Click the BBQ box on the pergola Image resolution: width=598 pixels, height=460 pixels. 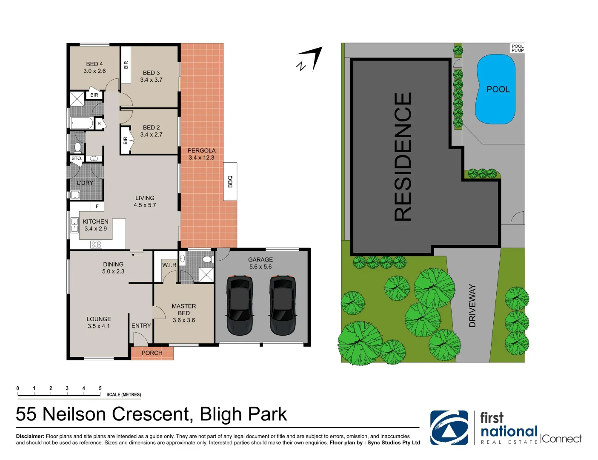click(x=230, y=181)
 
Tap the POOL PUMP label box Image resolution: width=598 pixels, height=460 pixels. click(x=518, y=48)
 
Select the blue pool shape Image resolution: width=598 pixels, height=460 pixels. click(x=496, y=89)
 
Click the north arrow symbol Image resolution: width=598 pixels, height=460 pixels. click(x=311, y=60)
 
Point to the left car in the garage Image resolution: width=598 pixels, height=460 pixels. click(x=240, y=305)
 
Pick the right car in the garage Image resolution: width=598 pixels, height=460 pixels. click(x=283, y=305)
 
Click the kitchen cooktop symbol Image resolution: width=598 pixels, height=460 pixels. click(x=96, y=244)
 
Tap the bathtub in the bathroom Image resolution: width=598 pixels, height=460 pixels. click(x=82, y=124)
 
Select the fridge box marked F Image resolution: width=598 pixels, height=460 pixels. click(x=97, y=206)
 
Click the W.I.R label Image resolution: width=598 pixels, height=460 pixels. click(x=169, y=265)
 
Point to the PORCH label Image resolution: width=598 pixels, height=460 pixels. click(x=152, y=353)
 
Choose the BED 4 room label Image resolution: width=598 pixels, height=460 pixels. click(x=94, y=64)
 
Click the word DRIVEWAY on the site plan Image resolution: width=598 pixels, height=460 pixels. click(x=472, y=306)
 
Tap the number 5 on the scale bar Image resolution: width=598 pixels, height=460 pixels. click(x=100, y=388)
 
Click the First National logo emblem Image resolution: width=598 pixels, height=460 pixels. click(x=449, y=428)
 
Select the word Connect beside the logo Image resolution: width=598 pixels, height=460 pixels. click(x=561, y=439)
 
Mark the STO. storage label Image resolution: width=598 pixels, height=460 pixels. click(x=77, y=158)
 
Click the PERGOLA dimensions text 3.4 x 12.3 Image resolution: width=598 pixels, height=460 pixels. click(x=201, y=158)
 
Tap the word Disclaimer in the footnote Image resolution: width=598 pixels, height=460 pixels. click(x=30, y=436)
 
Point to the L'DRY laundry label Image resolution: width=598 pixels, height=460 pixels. click(x=85, y=183)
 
